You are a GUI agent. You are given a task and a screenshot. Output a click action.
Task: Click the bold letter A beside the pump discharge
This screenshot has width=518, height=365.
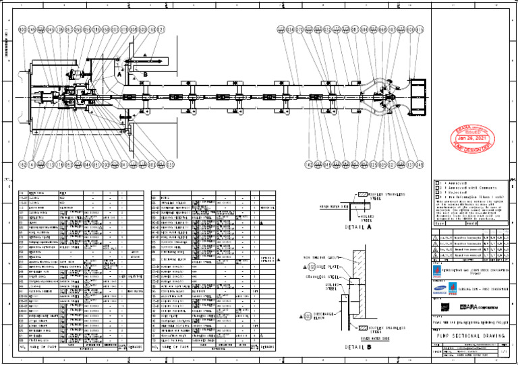click(119, 75)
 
